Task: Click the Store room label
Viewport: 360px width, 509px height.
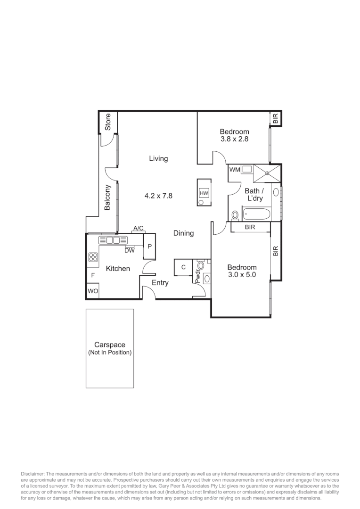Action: tap(108, 122)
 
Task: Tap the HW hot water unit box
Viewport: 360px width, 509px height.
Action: tap(204, 193)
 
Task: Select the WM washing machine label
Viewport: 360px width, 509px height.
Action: tap(235, 170)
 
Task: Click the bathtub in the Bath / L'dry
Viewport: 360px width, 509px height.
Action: tap(257, 215)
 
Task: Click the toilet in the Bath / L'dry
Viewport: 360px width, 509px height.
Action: tap(235, 215)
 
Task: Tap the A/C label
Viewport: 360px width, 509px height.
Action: tap(139, 229)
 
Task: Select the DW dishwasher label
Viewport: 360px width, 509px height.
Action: tap(130, 250)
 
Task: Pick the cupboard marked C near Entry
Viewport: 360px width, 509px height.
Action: tap(183, 267)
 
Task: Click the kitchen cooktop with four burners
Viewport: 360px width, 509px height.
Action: tap(93, 257)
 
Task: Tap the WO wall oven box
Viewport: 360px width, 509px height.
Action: tap(93, 292)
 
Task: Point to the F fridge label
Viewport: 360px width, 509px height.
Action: tap(93, 275)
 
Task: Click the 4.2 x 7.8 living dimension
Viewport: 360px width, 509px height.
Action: tap(158, 195)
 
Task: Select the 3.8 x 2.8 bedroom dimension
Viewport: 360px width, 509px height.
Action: tap(234, 140)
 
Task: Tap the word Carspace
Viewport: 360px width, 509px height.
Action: tap(109, 345)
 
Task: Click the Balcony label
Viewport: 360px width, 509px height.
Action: tap(108, 197)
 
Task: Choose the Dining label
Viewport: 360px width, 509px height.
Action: tap(183, 233)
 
